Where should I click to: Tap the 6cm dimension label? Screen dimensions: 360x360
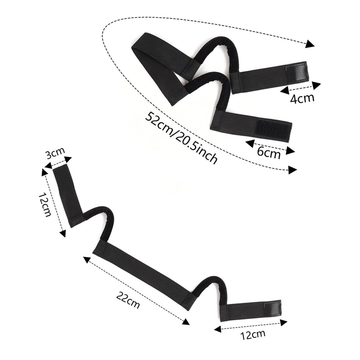(269, 153)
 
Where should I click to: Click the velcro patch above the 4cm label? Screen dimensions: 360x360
(296, 72)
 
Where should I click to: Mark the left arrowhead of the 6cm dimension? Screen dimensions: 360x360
(250, 143)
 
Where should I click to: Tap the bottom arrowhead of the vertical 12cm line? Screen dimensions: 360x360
(63, 233)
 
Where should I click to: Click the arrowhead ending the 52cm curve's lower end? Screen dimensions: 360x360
(292, 170)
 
